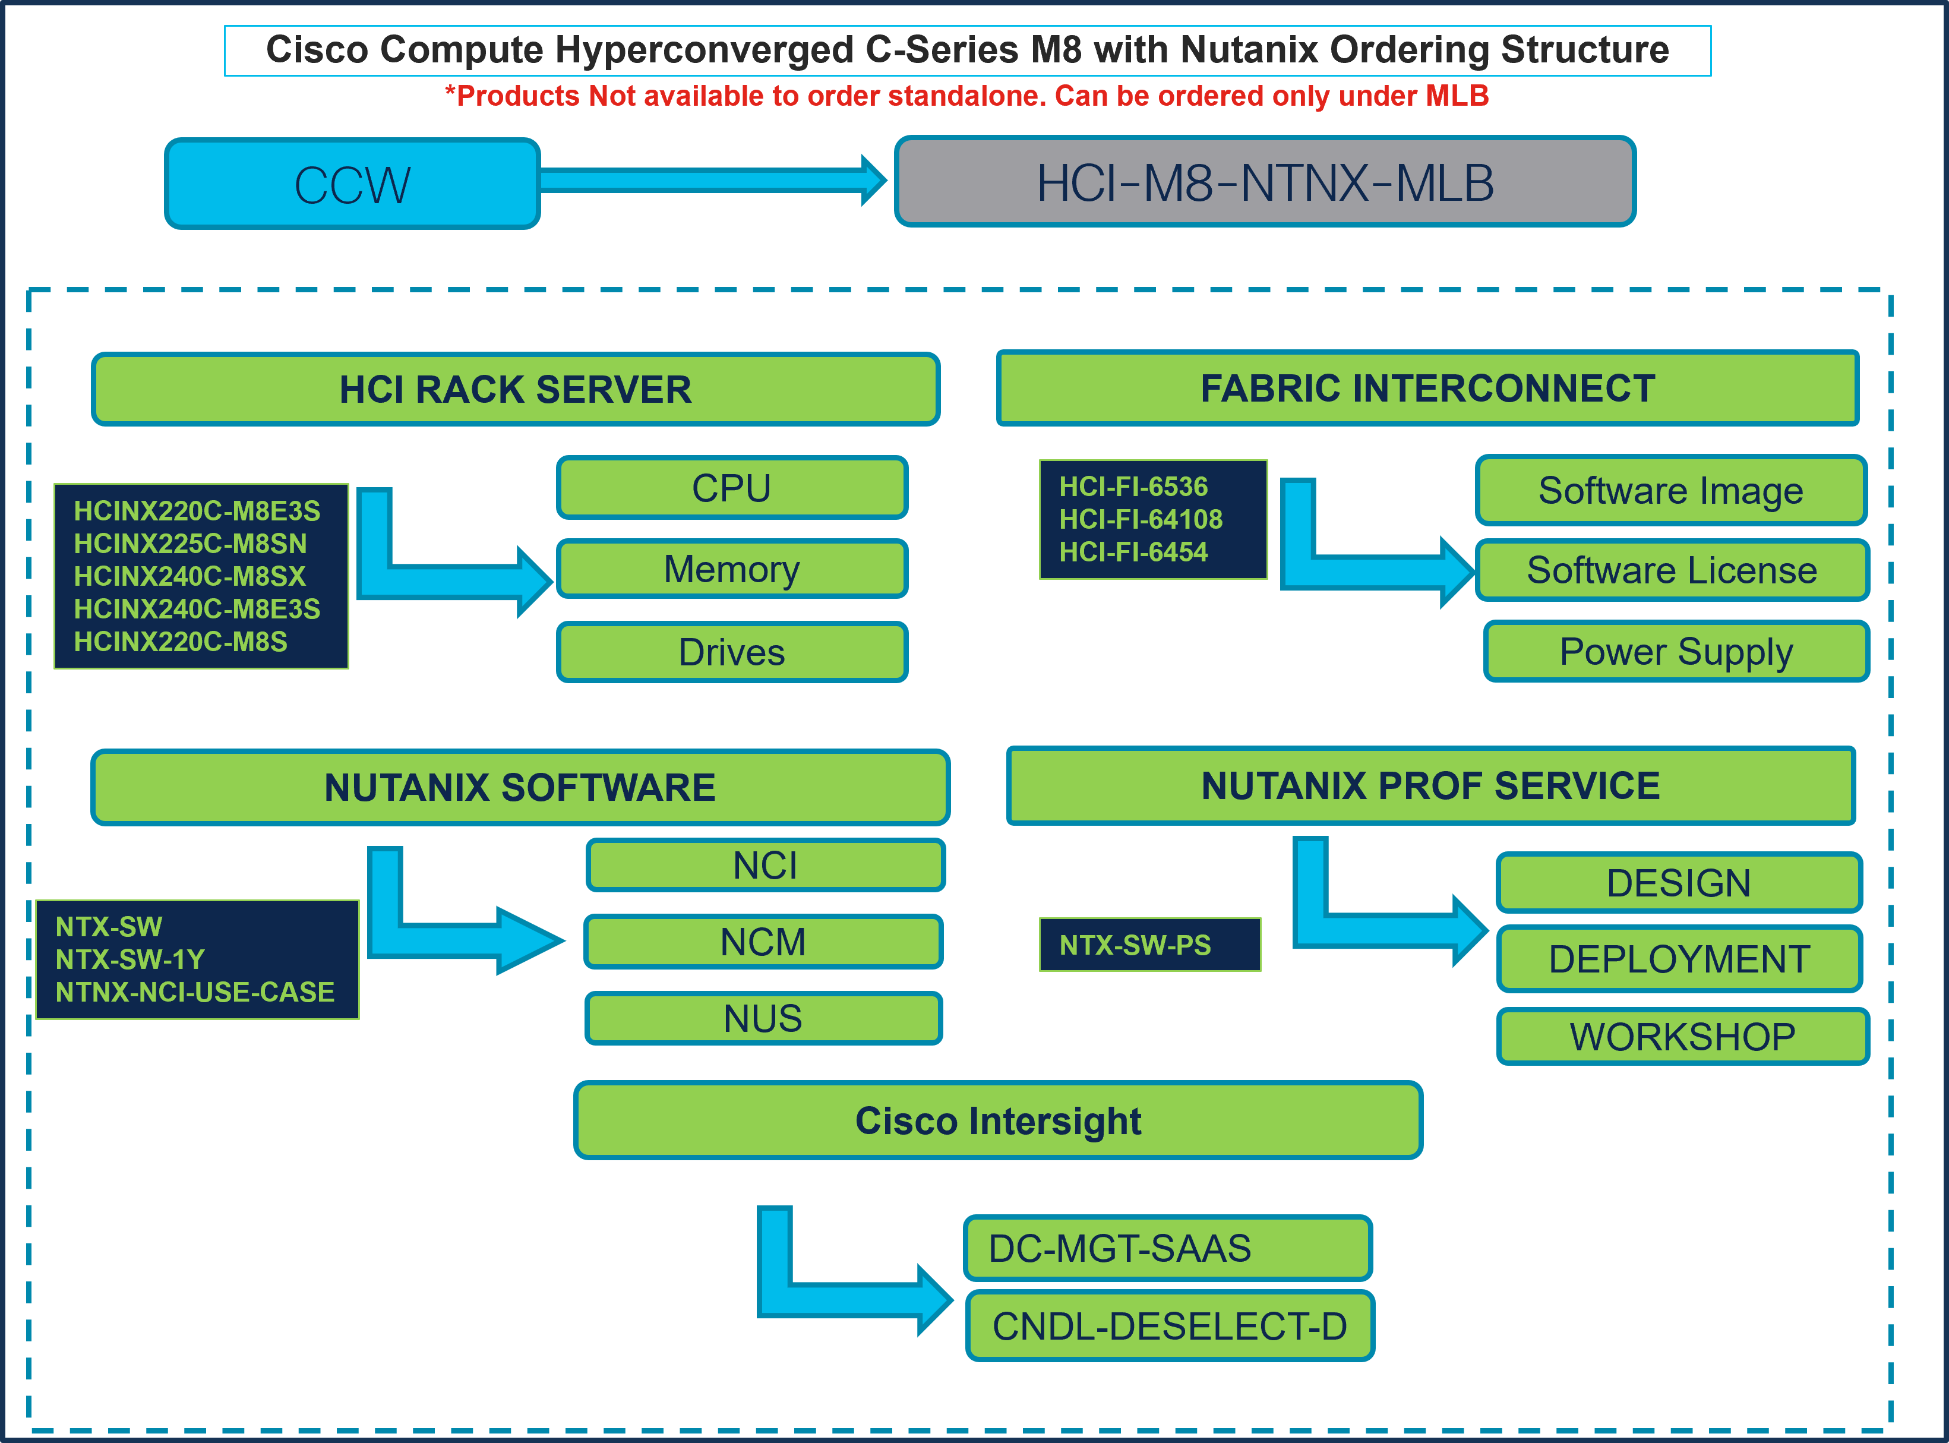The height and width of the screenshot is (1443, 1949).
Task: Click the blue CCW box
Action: click(x=352, y=184)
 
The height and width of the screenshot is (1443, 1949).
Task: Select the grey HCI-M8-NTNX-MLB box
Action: click(x=1265, y=182)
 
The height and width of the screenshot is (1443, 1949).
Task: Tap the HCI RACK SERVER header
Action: click(x=515, y=390)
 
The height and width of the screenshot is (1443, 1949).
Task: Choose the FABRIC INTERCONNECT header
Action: click(x=1427, y=389)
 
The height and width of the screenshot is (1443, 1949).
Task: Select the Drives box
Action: click(x=732, y=652)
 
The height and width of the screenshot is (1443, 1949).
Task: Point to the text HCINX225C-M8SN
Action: click(x=190, y=544)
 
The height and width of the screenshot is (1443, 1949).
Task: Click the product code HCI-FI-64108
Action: click(x=1141, y=519)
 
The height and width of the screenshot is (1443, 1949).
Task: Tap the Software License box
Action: click(x=1672, y=570)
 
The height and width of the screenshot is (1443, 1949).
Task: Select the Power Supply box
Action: click(x=1676, y=652)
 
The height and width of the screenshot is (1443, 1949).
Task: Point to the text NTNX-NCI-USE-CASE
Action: click(x=195, y=992)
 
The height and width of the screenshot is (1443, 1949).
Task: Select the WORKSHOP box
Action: click(x=1682, y=1037)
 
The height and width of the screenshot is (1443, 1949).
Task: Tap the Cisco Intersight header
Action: click(x=997, y=1120)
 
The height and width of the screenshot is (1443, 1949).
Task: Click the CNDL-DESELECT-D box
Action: click(x=1169, y=1326)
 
